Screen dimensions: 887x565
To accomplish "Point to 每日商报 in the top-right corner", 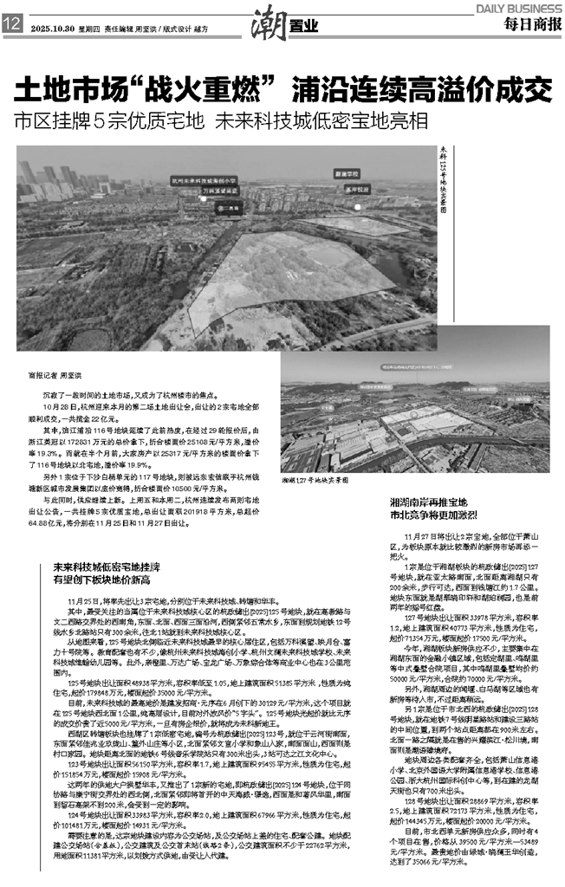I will pos(530,25).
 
